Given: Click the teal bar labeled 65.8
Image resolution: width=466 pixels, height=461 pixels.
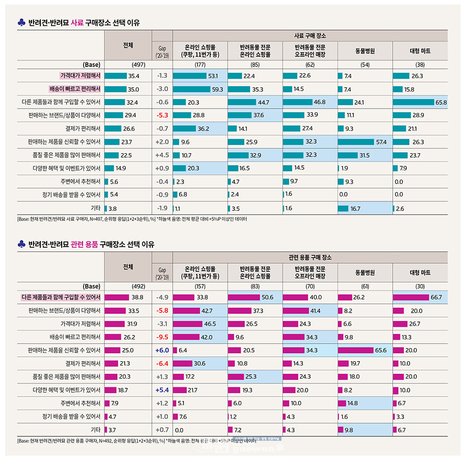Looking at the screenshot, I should (413, 102).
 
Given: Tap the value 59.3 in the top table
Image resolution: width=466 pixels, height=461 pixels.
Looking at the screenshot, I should (217, 89).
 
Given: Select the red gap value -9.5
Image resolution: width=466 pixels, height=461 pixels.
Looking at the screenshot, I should (162, 336).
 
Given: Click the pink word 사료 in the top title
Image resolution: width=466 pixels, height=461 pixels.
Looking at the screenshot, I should (77, 23).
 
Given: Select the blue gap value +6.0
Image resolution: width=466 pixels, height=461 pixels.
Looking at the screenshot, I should (162, 350).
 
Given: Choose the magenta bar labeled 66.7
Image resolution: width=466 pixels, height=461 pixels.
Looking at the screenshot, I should (411, 297).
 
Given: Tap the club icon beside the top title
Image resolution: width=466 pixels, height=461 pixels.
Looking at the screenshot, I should (21, 23).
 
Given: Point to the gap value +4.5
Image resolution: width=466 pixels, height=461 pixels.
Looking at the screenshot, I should (162, 155).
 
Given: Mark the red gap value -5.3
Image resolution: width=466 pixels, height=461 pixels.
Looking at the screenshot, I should (162, 115).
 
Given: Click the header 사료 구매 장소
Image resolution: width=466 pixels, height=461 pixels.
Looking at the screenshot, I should (310, 36).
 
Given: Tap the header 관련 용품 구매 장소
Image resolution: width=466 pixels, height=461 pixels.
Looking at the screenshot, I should (310, 257).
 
